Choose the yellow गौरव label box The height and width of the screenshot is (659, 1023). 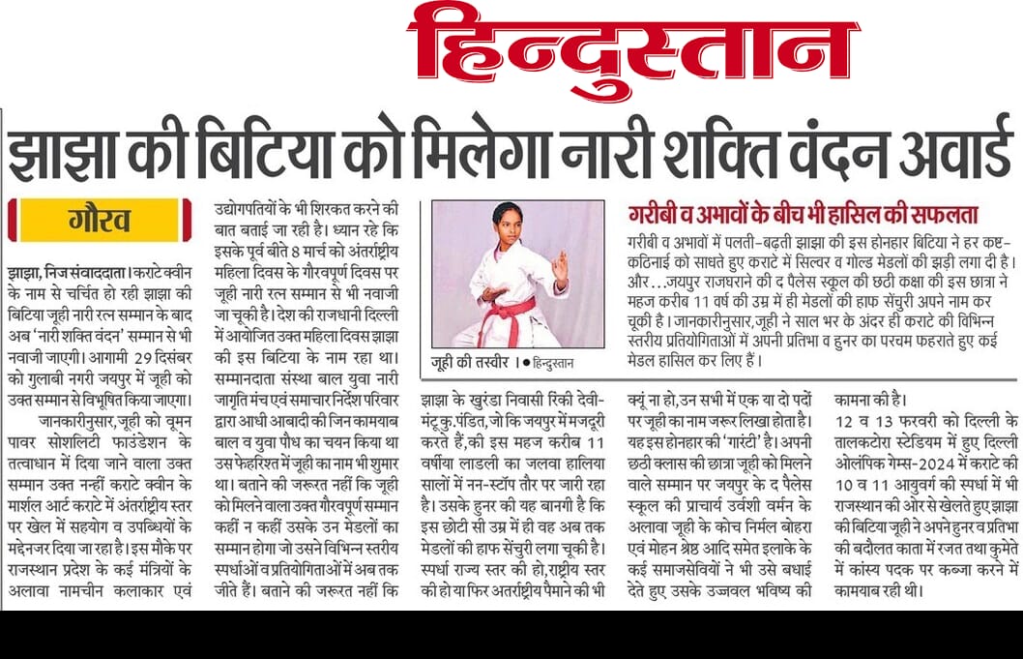point(100,220)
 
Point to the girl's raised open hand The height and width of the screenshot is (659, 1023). point(561,263)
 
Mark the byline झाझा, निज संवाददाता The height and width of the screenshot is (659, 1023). point(61,274)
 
